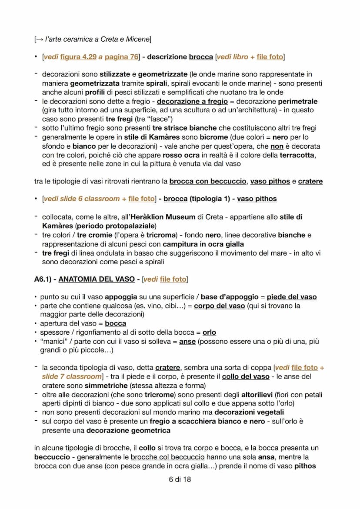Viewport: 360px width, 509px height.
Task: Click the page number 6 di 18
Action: [x=180, y=479]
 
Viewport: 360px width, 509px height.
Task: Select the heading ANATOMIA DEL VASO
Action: [x=97, y=279]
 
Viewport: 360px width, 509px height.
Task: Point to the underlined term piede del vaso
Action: [x=291, y=297]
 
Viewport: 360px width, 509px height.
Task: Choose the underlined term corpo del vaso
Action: [x=219, y=306]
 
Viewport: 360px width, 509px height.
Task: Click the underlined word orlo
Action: [x=209, y=332]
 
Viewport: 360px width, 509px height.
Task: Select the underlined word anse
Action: [x=187, y=341]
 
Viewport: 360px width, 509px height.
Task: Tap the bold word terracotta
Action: [x=298, y=155]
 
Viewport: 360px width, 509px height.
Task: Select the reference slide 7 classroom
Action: [x=71, y=376]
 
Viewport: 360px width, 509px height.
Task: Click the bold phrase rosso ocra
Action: [x=181, y=155]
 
